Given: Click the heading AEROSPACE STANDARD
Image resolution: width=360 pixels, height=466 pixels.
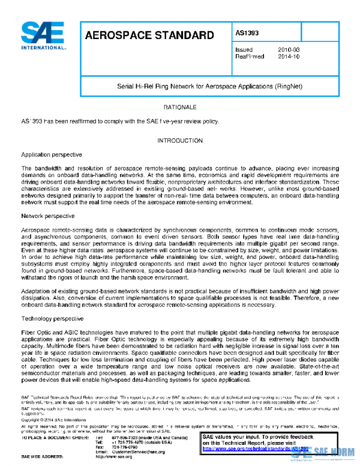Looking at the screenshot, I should (149, 35).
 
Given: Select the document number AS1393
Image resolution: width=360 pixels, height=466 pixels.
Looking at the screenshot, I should (247, 34).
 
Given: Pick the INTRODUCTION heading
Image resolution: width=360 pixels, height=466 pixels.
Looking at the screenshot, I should (180, 141).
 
